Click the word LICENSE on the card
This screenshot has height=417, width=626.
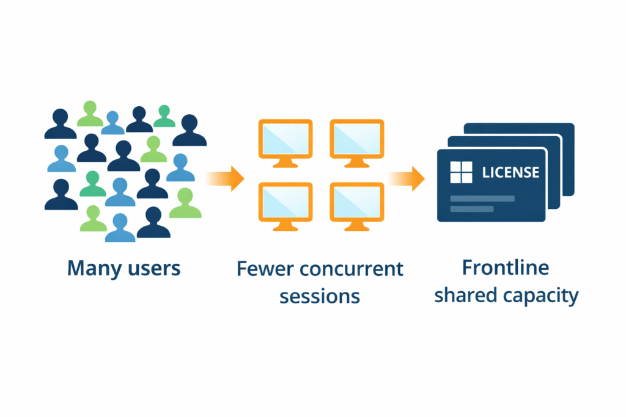pos(511,172)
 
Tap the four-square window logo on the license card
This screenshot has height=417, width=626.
pos(461,172)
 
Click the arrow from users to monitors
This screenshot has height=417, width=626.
pos(227,178)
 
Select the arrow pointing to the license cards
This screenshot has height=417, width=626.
pos(408,178)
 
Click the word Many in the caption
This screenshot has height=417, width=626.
pos(92,268)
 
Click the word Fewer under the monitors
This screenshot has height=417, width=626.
pos(265,269)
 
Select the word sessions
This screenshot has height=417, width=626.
pos(319,296)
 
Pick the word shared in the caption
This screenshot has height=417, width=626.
pos(466,296)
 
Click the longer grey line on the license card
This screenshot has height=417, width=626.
pos(482,198)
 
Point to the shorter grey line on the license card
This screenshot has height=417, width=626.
pos(471,209)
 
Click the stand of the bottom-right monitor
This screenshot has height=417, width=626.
pos(357,226)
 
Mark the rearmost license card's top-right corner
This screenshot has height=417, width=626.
pos(572,125)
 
